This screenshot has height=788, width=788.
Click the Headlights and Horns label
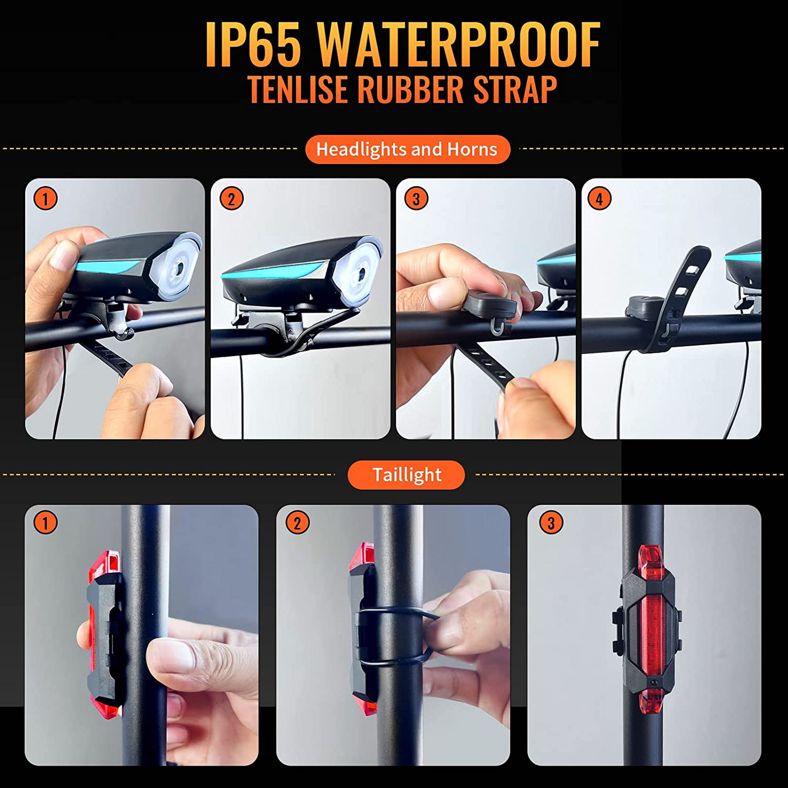click(407, 149)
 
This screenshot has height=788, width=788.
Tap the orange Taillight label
click(406, 475)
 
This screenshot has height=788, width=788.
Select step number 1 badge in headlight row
click(45, 199)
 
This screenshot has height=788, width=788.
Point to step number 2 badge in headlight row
click(231, 199)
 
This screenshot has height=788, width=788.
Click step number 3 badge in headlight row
click(416, 199)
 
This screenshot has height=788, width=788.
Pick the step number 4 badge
click(599, 199)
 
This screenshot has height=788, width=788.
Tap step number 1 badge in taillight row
click(45, 523)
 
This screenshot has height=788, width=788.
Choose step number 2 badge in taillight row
click(297, 523)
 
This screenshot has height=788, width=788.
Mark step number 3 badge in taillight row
click(550, 523)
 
